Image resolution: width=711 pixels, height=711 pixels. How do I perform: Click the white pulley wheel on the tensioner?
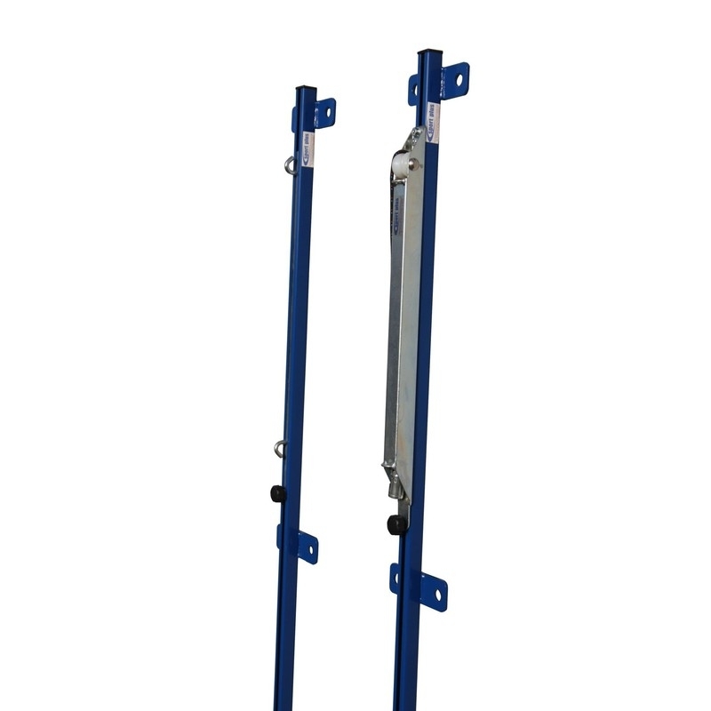(401, 166)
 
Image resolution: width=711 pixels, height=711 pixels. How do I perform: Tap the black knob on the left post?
(279, 493)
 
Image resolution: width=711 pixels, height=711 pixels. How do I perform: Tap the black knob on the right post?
(396, 524)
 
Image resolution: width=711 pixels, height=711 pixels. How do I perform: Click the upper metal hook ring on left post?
(290, 164)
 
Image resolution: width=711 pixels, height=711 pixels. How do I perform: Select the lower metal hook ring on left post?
(280, 448)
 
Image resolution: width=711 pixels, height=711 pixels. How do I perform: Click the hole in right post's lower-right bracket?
(435, 591)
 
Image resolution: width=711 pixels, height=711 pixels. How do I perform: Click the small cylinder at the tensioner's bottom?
(394, 485)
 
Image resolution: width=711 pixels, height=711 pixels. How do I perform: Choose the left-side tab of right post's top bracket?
(413, 89)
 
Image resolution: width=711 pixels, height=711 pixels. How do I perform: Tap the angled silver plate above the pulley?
(411, 140)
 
